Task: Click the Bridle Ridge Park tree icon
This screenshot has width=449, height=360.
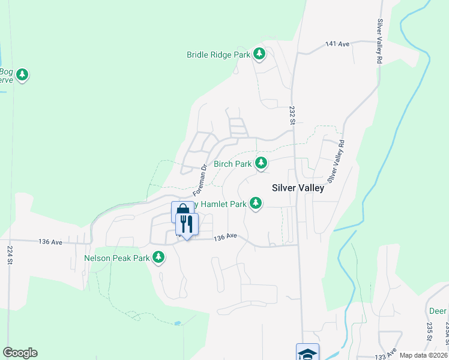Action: pyautogui.click(x=259, y=55)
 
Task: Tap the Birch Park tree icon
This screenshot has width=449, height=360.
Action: pyautogui.click(x=261, y=163)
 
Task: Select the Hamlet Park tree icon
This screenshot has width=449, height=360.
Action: pyautogui.click(x=256, y=204)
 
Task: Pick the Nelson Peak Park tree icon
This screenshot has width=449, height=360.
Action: pyautogui.click(x=158, y=257)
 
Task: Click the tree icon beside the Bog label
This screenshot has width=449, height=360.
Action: pyautogui.click(x=22, y=75)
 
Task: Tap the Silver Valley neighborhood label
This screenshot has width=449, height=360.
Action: pyautogui.click(x=298, y=188)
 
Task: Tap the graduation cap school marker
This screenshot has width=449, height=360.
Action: pyautogui.click(x=307, y=353)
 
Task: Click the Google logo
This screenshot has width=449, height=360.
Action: pyautogui.click(x=20, y=353)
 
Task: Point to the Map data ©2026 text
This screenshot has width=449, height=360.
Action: pyautogui.click(x=424, y=355)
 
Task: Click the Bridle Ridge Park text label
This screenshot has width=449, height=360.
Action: pyautogui.click(x=218, y=55)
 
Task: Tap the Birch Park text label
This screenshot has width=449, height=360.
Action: pyautogui.click(x=232, y=164)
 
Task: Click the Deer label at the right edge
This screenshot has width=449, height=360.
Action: pyautogui.click(x=438, y=311)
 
